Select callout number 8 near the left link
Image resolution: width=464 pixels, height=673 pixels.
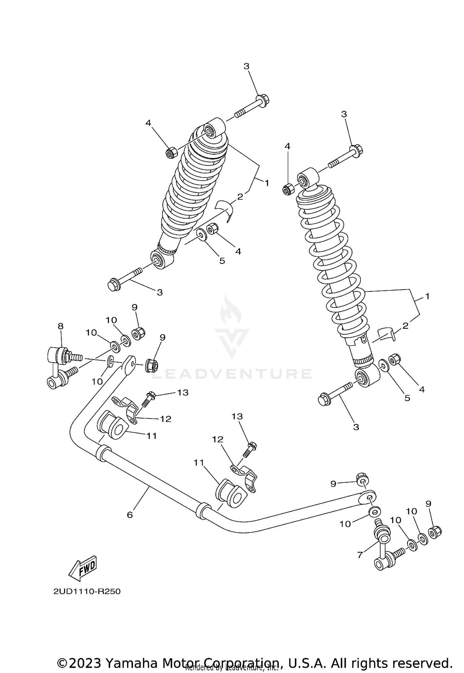[60, 326]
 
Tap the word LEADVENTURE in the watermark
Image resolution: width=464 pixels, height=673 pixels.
[232, 374]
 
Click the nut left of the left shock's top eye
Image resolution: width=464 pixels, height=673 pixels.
[171, 153]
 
